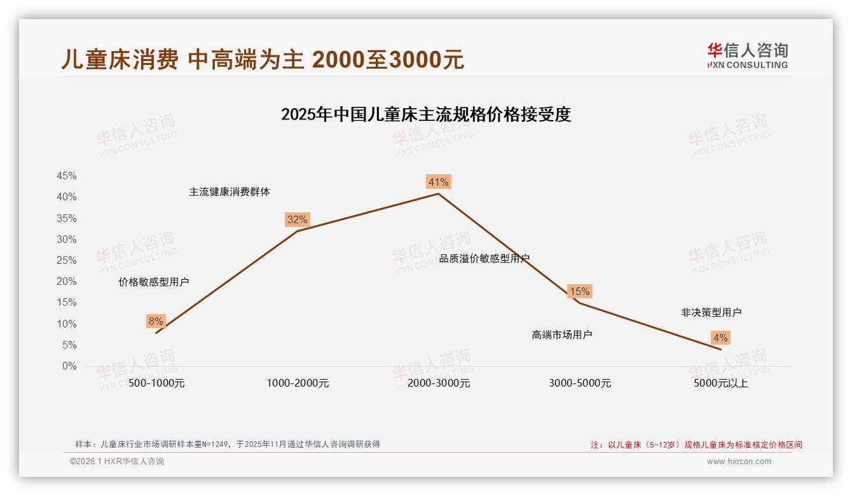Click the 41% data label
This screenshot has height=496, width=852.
point(438,182)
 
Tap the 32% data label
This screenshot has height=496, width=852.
point(297,219)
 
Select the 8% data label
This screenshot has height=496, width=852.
point(156,321)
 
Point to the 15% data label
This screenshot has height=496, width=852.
point(579,291)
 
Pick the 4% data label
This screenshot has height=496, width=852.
point(720,338)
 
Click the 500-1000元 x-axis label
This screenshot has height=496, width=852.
point(156,383)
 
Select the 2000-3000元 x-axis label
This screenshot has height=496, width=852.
point(439,383)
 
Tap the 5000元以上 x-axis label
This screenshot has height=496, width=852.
point(721,383)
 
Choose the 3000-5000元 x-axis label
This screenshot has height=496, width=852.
point(580,383)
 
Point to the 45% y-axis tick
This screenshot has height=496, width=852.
point(67,176)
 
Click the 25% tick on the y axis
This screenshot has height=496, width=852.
point(67,260)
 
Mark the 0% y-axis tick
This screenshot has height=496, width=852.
point(69,366)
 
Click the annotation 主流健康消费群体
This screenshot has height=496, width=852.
point(229,191)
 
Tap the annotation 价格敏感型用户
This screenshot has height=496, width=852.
point(153,282)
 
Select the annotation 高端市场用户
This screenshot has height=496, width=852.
point(561,334)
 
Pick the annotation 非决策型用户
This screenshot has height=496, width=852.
point(711,312)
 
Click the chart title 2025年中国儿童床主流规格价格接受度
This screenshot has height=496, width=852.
point(426,114)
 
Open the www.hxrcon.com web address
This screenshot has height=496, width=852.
point(738,462)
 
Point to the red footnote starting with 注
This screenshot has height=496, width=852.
point(696,444)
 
